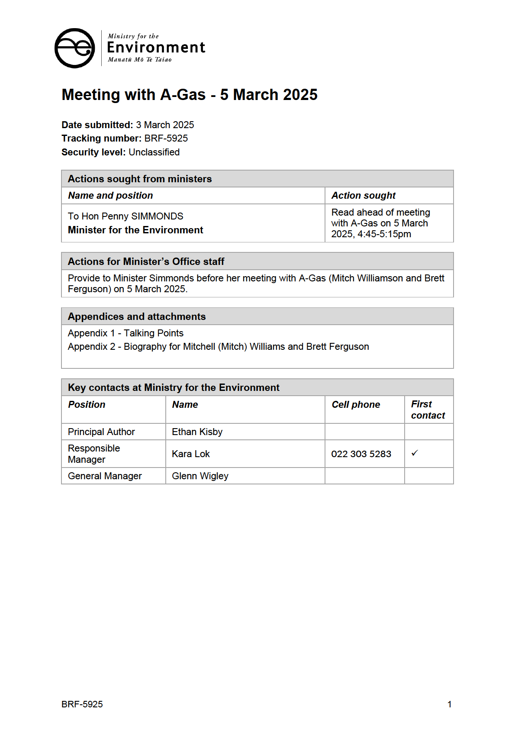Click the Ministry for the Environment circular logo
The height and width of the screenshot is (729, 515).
click(x=74, y=48)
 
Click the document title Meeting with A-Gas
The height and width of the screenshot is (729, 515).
click(x=189, y=95)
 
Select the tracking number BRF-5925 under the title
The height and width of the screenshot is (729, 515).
click(x=166, y=139)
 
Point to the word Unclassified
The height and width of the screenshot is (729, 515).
click(x=154, y=152)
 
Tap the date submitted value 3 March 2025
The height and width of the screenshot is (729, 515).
click(x=165, y=125)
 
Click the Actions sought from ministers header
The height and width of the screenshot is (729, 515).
click(x=140, y=179)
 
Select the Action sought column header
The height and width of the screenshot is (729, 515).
click(x=363, y=196)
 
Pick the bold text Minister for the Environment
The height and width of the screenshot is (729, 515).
click(x=135, y=230)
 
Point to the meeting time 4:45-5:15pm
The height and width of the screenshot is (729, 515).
click(x=384, y=234)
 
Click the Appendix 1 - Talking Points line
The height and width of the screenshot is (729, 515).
click(x=126, y=333)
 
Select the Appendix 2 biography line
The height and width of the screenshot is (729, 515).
click(x=218, y=347)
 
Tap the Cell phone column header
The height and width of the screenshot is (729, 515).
click(x=356, y=405)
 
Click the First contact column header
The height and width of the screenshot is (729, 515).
click(x=428, y=410)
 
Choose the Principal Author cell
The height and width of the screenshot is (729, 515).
click(x=101, y=432)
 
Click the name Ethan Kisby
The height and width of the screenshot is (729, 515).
click(x=197, y=432)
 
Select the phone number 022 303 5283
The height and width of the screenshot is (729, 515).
click(x=361, y=454)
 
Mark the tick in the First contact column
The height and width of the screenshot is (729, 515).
click(x=415, y=453)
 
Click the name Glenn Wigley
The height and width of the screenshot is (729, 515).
click(x=200, y=476)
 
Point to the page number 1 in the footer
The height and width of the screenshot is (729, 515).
click(x=449, y=704)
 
